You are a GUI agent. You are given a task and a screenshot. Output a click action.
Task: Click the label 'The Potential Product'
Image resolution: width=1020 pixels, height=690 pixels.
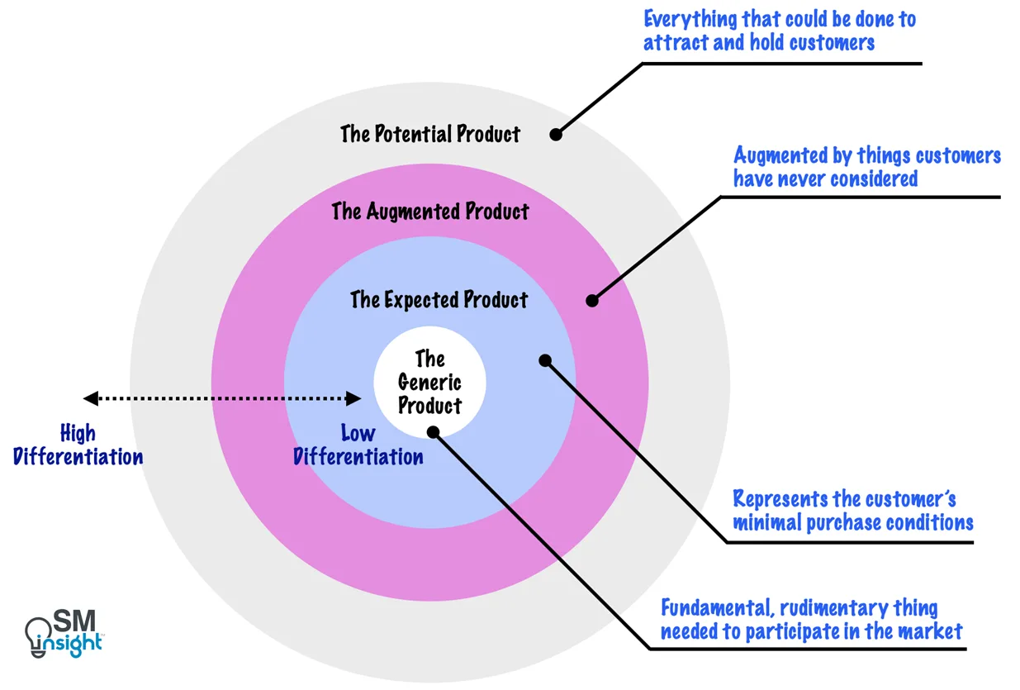click(430, 134)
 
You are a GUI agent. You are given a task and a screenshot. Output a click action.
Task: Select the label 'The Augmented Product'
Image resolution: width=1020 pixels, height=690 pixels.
click(430, 212)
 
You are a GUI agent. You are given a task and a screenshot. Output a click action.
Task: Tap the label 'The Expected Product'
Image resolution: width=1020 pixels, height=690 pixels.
click(439, 299)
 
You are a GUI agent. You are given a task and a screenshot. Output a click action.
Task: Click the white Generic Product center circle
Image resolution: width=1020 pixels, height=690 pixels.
click(429, 383)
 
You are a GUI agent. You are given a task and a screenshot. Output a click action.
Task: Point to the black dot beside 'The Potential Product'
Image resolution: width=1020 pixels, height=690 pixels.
click(556, 133)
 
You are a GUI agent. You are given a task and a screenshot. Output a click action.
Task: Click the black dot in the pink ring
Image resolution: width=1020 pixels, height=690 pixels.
click(591, 301)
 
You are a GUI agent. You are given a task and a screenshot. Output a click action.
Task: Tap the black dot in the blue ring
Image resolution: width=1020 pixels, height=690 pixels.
click(544, 359)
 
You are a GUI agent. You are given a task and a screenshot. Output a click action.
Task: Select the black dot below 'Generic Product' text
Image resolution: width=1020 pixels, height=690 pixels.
click(434, 431)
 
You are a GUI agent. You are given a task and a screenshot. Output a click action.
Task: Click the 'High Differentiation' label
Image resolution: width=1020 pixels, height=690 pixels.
click(78, 445)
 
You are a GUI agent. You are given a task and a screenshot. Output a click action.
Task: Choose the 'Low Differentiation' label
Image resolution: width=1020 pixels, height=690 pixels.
click(358, 445)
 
